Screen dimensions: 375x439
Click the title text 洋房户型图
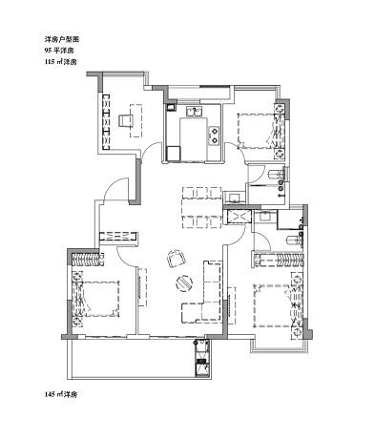(61, 39)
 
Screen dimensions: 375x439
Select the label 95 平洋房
(59, 51)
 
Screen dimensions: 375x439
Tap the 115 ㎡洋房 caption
(61, 62)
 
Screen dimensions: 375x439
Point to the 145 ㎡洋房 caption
(61, 395)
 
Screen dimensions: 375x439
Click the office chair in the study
(125, 120)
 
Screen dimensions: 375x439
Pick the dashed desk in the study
(135, 120)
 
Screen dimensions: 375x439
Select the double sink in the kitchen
(194, 113)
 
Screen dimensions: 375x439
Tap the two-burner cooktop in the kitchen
(214, 136)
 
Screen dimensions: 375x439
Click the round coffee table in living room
(184, 282)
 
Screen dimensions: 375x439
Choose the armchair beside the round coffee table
(177, 259)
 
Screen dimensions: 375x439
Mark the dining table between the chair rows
(201, 207)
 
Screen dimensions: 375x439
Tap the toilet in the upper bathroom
(275, 175)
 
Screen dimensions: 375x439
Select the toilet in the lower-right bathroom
(293, 240)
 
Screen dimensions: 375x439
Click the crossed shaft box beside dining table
(238, 217)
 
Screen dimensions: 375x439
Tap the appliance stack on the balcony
(201, 358)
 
